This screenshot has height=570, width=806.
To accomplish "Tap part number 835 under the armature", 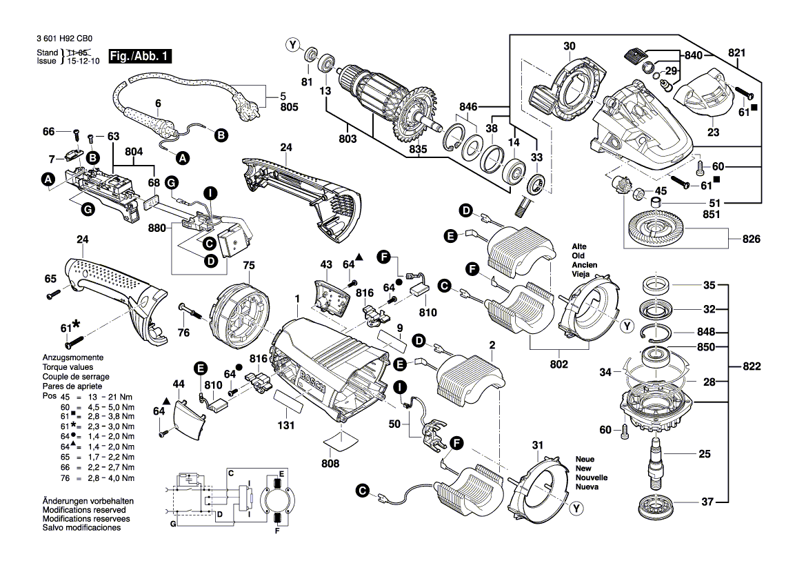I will [418, 149].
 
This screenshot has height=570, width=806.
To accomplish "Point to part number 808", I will [330, 464].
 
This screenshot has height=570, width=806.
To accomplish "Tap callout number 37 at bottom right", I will [706, 502].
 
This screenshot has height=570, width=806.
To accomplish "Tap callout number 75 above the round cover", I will [248, 264].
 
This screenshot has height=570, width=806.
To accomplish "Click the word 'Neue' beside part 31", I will [585, 459].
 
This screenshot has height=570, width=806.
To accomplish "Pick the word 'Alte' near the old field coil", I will [578, 246].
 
